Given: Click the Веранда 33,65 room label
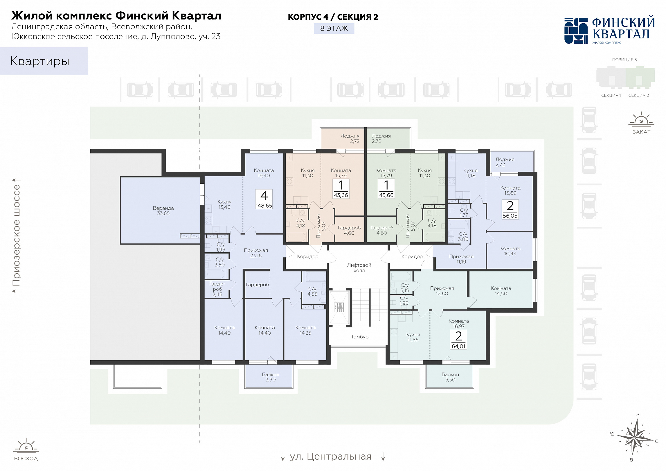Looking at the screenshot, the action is [x=163, y=211].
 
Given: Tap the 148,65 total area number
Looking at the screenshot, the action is [x=264, y=206].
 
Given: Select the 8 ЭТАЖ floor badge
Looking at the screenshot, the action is [x=334, y=28].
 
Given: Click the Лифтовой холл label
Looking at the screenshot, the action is [x=359, y=267].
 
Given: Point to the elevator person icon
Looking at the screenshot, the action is [x=339, y=307].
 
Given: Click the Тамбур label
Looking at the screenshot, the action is [x=360, y=337].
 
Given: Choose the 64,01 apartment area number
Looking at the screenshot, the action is [x=458, y=346].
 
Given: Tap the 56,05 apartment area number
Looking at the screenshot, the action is [x=510, y=216].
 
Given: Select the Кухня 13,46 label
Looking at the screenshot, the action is [x=224, y=204].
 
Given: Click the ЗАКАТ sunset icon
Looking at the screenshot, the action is [x=641, y=119].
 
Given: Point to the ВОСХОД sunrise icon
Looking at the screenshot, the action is [x=26, y=445].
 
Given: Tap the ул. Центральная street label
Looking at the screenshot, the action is [x=331, y=456].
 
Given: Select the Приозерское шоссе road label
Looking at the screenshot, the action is [x=16, y=235].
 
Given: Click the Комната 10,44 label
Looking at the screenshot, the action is [x=510, y=251].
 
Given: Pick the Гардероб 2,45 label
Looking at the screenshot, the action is [x=217, y=289].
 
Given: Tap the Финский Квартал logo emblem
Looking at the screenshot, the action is [x=576, y=31].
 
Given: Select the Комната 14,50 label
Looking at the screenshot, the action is [x=501, y=291].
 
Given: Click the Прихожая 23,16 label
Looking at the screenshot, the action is [x=256, y=253].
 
